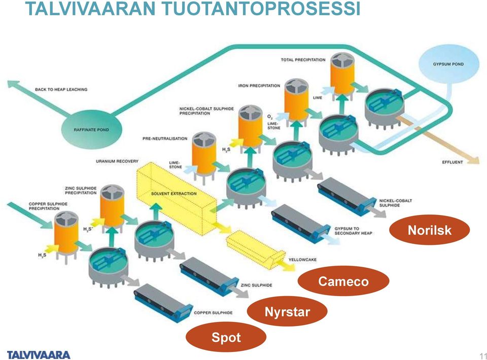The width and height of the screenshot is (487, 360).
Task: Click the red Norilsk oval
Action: point(429,230)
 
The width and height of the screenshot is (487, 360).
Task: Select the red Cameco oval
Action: point(343,281)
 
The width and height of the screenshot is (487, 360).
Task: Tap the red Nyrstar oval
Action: point(287,311)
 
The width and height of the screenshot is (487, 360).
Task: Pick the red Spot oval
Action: point(226,337)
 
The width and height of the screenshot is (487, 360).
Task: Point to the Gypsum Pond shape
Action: point(448,64)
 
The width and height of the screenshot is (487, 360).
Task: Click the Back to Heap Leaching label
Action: point(61,89)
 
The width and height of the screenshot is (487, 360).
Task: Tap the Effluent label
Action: point(452,162)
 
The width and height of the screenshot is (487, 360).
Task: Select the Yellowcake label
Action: point(302,260)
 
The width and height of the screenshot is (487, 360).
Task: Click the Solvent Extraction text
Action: point(173,194)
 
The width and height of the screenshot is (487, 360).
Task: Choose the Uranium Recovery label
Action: point(117,161)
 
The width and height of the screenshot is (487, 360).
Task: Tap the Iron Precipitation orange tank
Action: point(297,101)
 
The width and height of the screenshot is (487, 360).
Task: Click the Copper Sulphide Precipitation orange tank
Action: point(66,235)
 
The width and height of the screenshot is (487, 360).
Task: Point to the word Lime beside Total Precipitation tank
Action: point(318,97)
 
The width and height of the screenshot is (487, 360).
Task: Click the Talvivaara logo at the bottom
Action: point(39,355)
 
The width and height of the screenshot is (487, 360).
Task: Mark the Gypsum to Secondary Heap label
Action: point(353,231)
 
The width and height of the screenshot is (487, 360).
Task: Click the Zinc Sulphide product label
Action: point(256,285)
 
